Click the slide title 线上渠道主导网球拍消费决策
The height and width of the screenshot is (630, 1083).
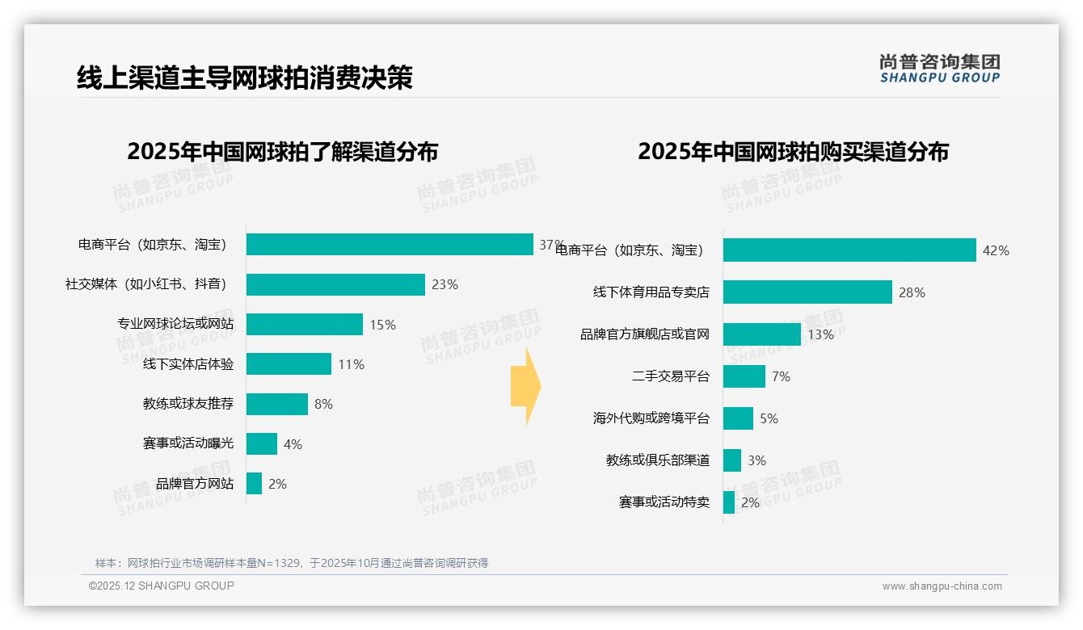pyautogui.click(x=244, y=78)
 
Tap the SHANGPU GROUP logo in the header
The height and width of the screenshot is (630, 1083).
pyautogui.click(x=939, y=69)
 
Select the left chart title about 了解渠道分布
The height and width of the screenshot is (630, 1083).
pyautogui.click(x=282, y=151)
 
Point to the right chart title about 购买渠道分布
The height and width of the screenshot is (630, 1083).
pyautogui.click(x=793, y=151)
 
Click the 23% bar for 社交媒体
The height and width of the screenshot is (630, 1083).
pyautogui.click(x=335, y=284)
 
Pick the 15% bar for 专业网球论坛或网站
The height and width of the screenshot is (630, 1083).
pyautogui.click(x=305, y=325)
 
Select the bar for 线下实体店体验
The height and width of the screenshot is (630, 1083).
pyautogui.click(x=289, y=364)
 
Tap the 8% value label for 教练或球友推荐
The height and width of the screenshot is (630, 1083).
pyautogui.click(x=323, y=404)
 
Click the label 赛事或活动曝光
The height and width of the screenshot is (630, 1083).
pyautogui.click(x=188, y=444)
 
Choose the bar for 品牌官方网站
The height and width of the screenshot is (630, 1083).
pyautogui.click(x=255, y=484)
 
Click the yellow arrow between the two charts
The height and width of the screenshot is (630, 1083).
pyautogui.click(x=525, y=386)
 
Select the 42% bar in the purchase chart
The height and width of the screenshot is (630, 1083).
pyautogui.click(x=849, y=250)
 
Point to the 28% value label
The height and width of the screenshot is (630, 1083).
pyautogui.click(x=912, y=292)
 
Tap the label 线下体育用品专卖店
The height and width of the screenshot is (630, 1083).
pyautogui.click(x=651, y=292)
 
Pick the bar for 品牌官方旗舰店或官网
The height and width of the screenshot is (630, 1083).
pyautogui.click(x=761, y=334)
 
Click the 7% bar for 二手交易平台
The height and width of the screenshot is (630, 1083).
pyautogui.click(x=744, y=376)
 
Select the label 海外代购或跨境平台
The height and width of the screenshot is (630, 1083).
pyautogui.click(x=651, y=418)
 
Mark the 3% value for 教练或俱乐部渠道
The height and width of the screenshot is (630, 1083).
pyautogui.click(x=756, y=460)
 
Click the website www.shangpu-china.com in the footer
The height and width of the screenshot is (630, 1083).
pyautogui.click(x=942, y=586)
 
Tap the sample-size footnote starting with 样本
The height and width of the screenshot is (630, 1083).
pyautogui.click(x=292, y=563)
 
